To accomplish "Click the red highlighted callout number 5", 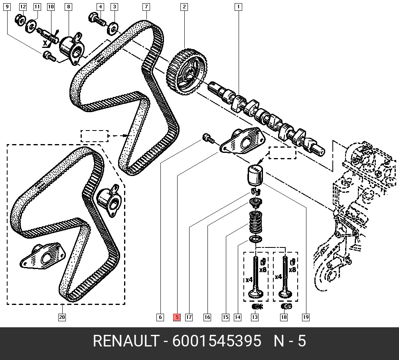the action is coord(177,317).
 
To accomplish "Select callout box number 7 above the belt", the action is coord(146,7).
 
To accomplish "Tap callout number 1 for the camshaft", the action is coord(238,7).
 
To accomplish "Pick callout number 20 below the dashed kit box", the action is coord(62,317).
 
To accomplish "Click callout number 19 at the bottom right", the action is coord(306,317).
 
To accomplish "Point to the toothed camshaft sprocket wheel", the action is coord(186,72).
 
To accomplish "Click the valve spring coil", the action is coord(255,223).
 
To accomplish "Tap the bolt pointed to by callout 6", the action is coord(208,138).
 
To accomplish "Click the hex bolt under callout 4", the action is coord(97,20).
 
